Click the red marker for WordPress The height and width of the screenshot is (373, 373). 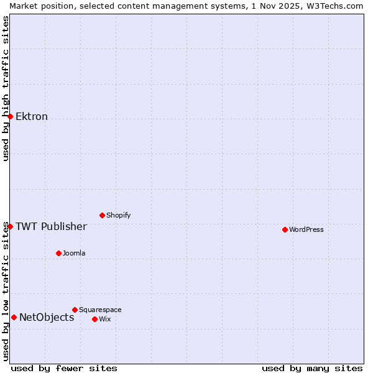coord(285,229)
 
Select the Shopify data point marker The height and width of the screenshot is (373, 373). coord(102,215)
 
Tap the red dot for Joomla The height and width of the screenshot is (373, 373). coord(58,253)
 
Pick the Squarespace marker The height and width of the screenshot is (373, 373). coord(75,310)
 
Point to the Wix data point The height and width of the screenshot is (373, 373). coord(94,319)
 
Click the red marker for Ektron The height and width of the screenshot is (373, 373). coord(10,116)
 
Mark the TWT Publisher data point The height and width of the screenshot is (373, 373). coord(10,226)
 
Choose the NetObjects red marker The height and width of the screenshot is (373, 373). coord(14,317)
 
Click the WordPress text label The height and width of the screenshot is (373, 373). coord(306,229)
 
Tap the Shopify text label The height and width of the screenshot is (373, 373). coord(119,215)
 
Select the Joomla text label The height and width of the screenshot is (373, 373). coord(74,253)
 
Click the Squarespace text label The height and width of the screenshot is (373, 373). coord(100,310)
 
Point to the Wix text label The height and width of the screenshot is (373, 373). coord(105,319)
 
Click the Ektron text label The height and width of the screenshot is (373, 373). coord(32,116)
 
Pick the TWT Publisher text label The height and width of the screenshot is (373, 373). coord(51,226)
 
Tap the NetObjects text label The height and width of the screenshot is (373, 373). coord(47,317)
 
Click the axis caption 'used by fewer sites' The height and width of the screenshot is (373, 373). coord(64,368)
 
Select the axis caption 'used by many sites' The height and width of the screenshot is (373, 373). coord(312,368)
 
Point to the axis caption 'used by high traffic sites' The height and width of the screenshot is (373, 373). coord(6,88)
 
